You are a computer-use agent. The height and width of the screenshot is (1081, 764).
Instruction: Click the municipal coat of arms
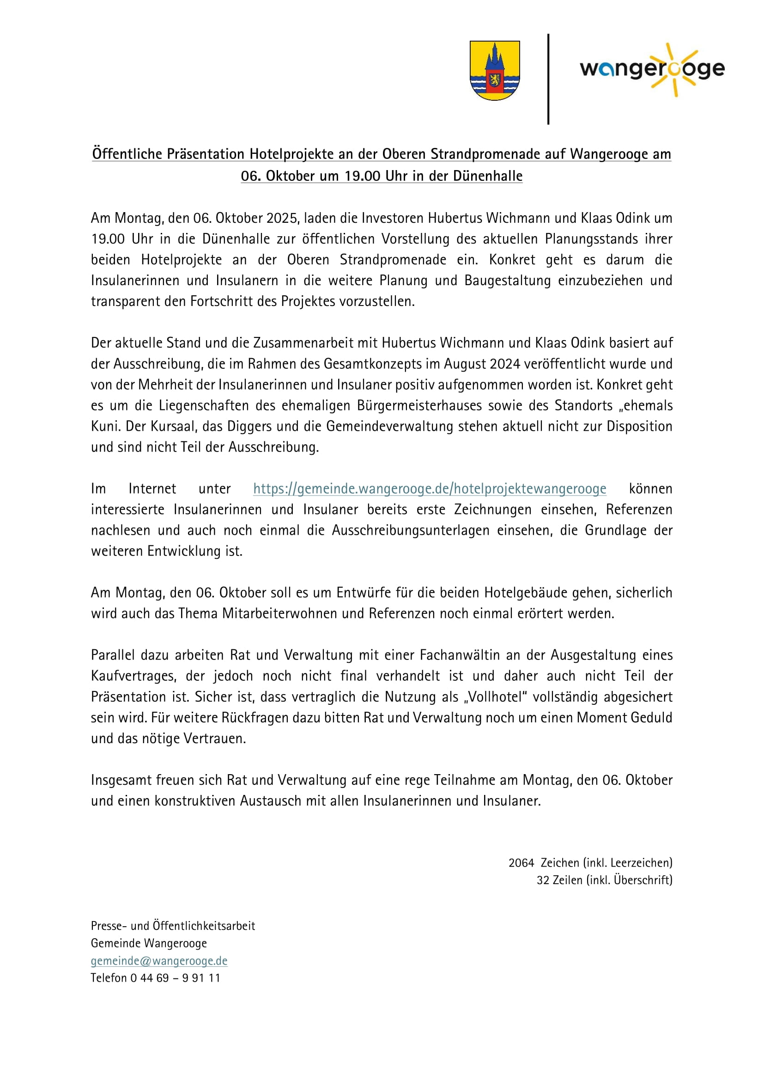click(494, 70)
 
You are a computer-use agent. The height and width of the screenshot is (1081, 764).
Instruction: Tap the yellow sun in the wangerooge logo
click(674, 70)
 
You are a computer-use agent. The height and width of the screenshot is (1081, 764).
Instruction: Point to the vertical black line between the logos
click(548, 79)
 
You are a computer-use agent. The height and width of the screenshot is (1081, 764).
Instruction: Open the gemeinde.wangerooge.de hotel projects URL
click(430, 489)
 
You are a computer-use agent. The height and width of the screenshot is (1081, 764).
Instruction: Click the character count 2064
click(521, 862)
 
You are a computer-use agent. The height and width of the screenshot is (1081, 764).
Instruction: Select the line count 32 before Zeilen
click(543, 880)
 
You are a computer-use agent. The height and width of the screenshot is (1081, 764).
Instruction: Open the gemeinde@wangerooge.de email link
click(159, 960)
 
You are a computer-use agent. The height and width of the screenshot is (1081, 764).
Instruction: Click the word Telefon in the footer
click(109, 978)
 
